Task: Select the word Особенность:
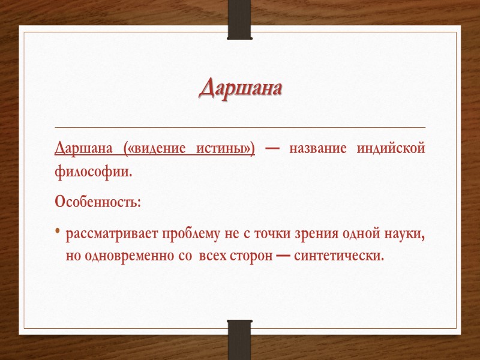(x=98, y=201)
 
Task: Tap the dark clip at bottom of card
(x=240, y=339)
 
